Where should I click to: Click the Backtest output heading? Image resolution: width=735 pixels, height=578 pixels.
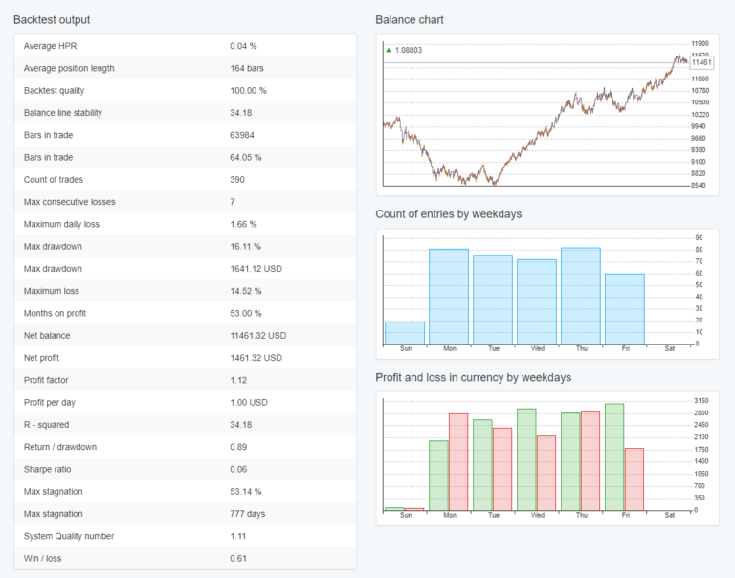(53, 19)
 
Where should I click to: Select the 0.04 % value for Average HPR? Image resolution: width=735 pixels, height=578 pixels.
(243, 46)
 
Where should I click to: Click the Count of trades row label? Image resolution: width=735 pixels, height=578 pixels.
(54, 180)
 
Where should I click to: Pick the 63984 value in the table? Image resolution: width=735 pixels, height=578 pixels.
(242, 135)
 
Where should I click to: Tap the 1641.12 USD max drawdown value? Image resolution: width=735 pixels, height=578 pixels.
(257, 269)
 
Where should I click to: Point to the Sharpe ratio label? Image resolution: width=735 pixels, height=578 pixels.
(49, 469)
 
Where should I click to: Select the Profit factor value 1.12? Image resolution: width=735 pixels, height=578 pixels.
(238, 380)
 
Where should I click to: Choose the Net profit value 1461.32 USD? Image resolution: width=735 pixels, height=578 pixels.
(257, 358)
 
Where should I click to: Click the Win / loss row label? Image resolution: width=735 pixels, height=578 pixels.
(44, 558)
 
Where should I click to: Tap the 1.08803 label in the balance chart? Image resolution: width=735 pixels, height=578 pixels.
(408, 50)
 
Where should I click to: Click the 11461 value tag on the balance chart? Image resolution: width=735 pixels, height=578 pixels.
(701, 62)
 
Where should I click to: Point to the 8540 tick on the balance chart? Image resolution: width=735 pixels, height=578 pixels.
(700, 185)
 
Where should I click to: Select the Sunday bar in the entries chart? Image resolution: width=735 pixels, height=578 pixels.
(405, 332)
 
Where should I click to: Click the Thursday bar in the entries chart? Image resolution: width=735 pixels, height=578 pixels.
(581, 296)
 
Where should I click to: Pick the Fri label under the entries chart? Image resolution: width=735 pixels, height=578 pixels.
(625, 348)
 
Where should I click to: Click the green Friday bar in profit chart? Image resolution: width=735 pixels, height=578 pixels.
(614, 456)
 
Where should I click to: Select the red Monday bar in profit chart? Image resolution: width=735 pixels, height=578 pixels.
(458, 461)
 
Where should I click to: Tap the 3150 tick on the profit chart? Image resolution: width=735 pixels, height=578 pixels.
(701, 401)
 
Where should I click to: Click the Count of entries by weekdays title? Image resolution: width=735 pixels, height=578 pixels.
(448, 214)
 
